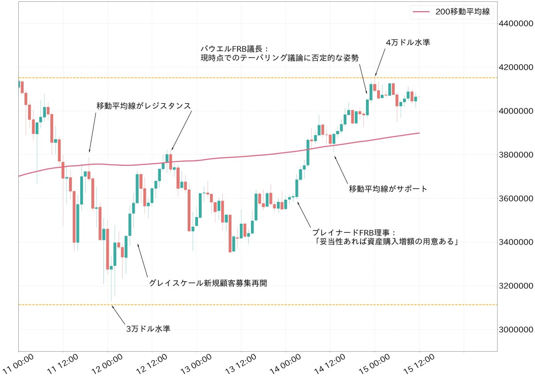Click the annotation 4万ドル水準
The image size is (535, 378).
(407, 42)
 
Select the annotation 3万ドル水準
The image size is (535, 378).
(148, 329)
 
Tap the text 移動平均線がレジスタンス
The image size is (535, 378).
(144, 106)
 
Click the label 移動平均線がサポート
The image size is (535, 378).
(388, 189)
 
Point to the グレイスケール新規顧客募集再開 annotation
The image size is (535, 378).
(208, 283)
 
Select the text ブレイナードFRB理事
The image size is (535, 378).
(354, 232)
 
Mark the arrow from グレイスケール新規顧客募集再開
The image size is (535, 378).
(143, 261)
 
